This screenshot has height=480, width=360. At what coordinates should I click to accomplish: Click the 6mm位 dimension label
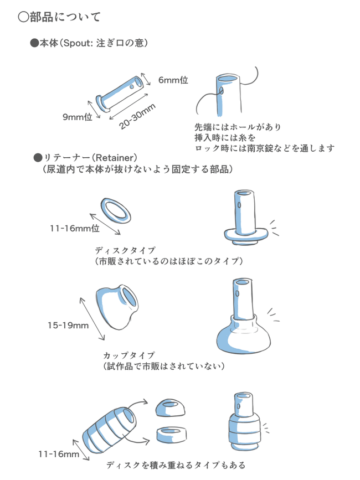point(173,80)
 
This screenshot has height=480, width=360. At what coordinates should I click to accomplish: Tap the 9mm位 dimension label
point(77,117)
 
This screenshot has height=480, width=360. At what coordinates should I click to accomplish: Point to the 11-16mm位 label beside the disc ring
point(74,228)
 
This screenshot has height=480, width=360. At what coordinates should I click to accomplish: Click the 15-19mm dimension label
point(68,325)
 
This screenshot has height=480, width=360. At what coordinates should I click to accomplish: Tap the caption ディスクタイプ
point(125,250)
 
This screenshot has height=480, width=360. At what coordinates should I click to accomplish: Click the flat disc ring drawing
point(117,210)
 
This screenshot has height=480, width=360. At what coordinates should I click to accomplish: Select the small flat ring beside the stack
point(173,435)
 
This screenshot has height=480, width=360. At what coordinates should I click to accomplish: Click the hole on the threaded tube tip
point(220,89)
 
